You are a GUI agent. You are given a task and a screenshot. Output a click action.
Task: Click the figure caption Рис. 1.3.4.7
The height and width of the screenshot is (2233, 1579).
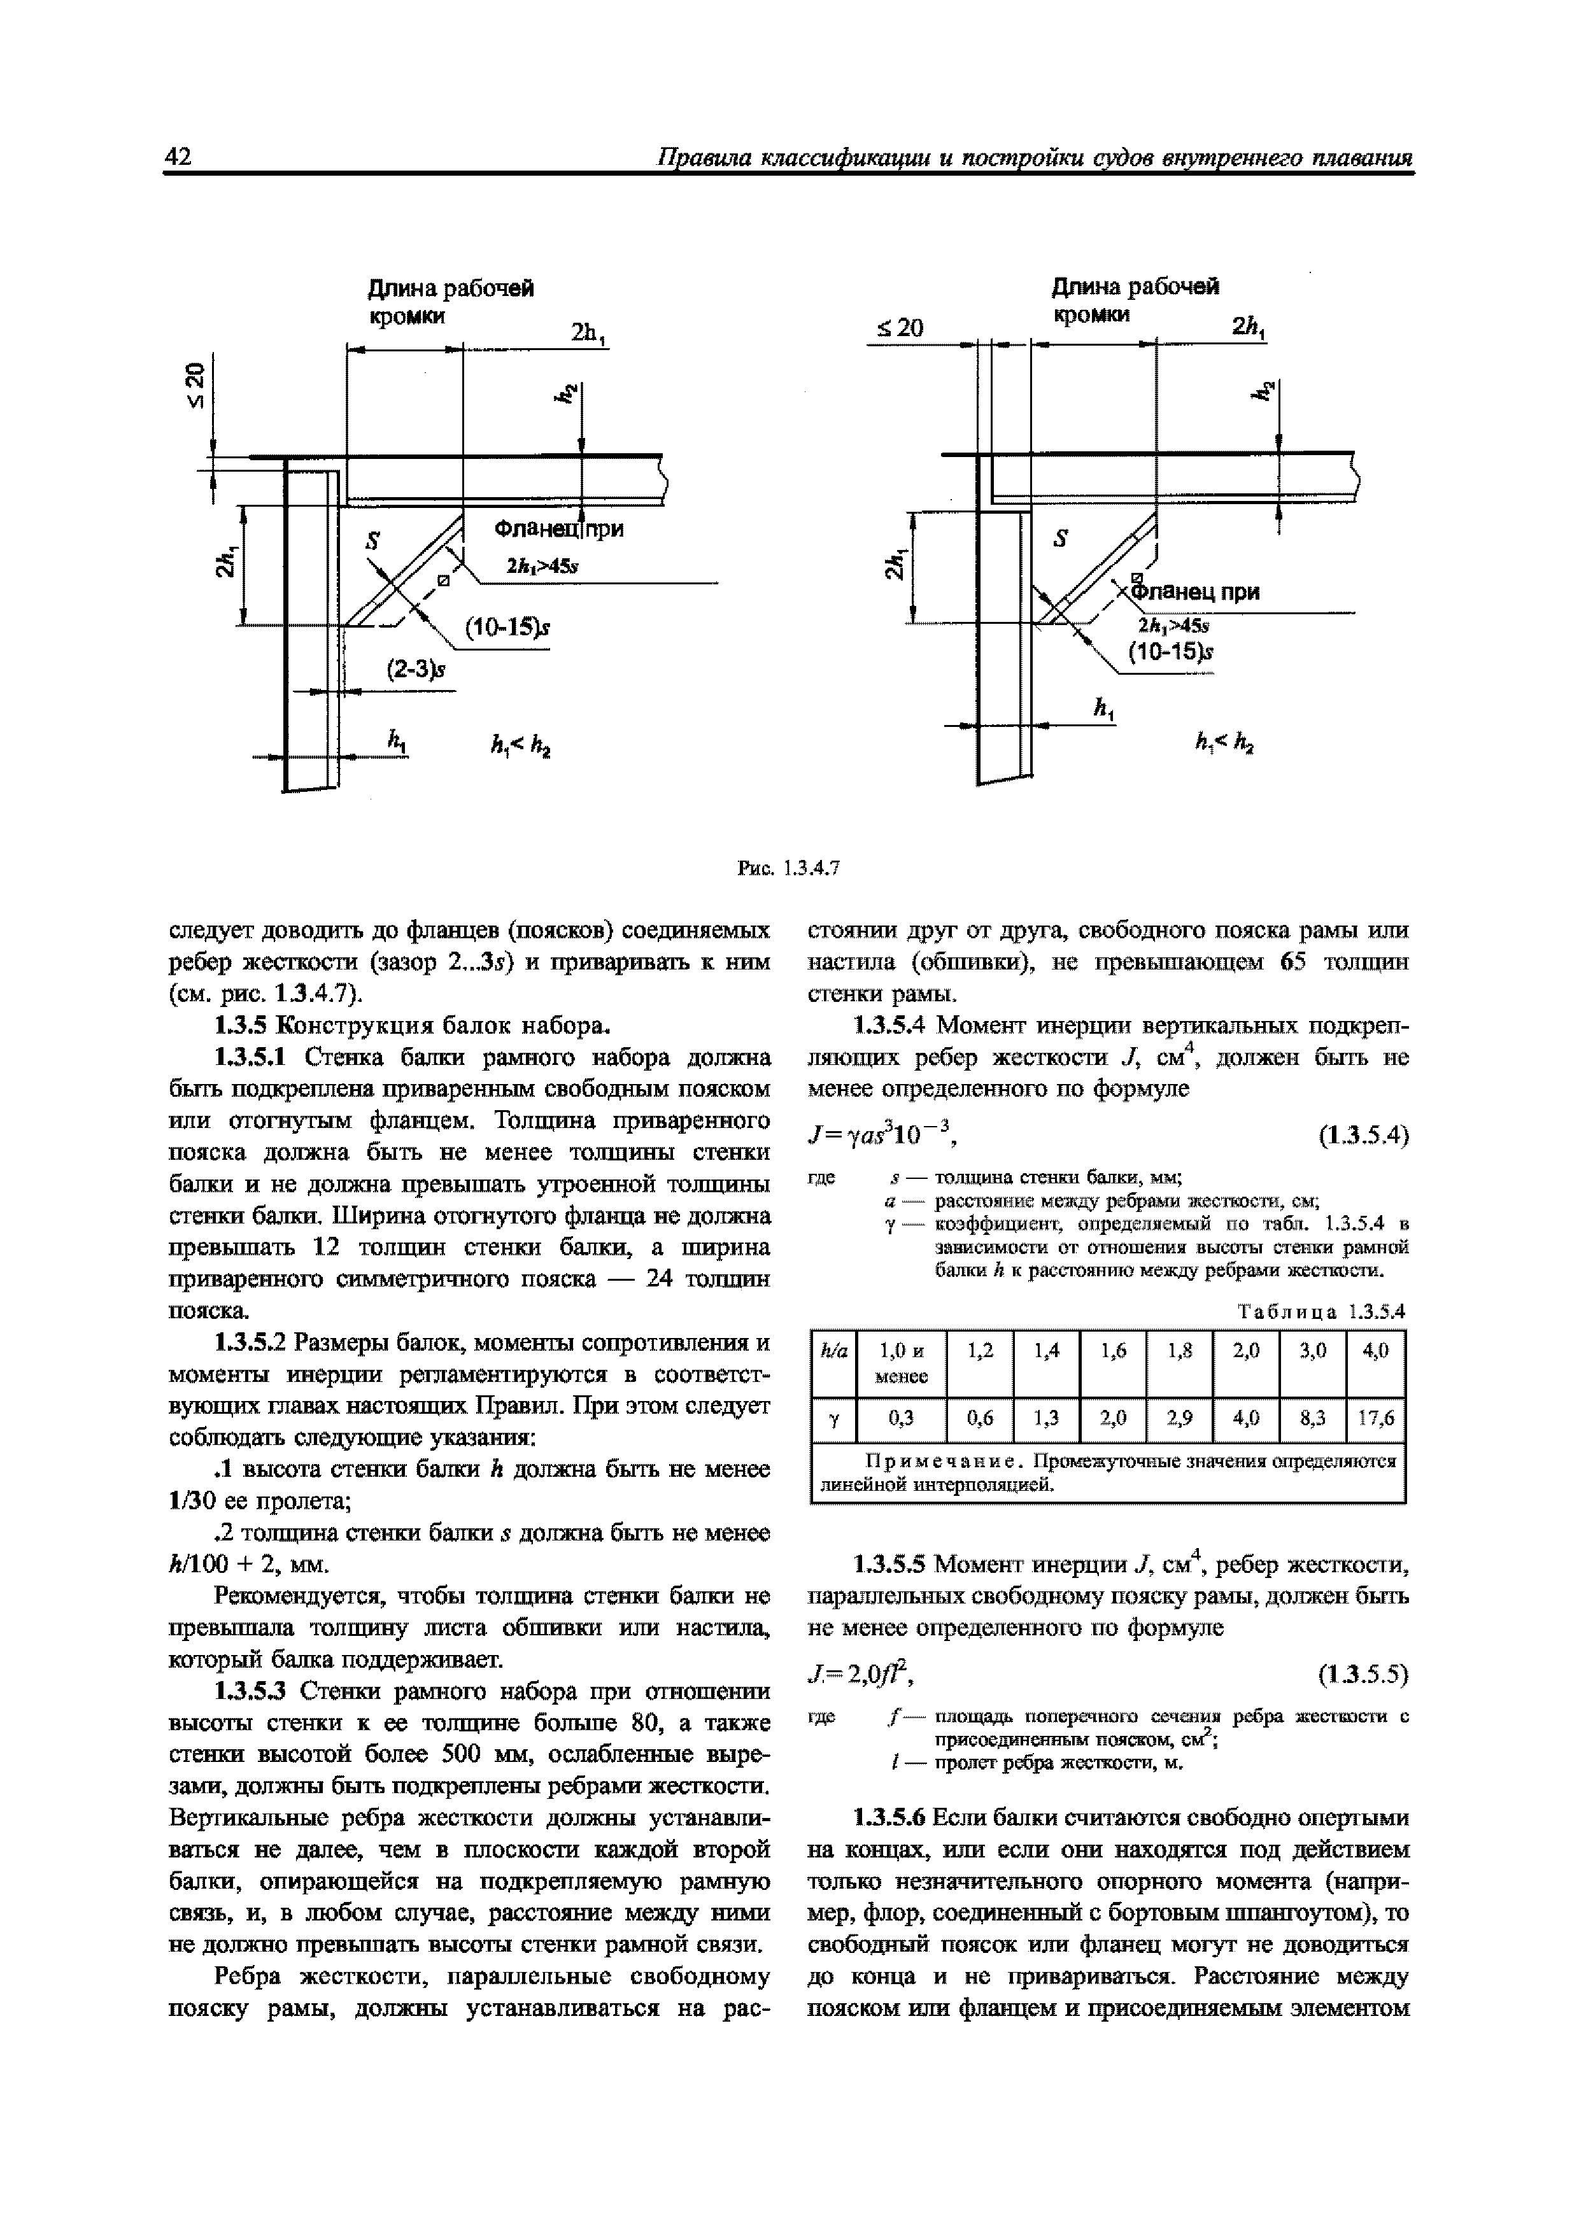788,868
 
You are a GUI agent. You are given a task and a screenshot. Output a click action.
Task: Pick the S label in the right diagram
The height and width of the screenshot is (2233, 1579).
1061,538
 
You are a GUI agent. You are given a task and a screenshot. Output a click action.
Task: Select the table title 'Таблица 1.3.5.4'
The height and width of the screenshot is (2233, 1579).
1321,1311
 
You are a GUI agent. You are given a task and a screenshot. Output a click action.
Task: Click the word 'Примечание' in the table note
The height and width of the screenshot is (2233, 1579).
944,1462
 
